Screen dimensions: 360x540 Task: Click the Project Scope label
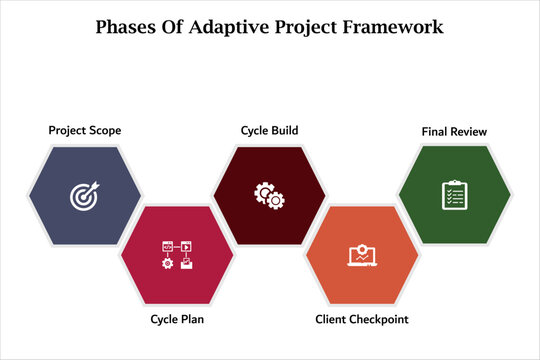85,130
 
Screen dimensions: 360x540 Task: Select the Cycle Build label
269,130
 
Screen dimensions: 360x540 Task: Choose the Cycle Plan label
178,319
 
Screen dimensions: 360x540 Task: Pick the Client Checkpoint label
361,319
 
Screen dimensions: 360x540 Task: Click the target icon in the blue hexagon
85,197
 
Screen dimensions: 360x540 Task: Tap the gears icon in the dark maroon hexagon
268,192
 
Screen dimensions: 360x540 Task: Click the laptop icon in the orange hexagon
360,257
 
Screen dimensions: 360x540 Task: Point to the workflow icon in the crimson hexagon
176,255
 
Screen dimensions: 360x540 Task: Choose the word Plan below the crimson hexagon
194,319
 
